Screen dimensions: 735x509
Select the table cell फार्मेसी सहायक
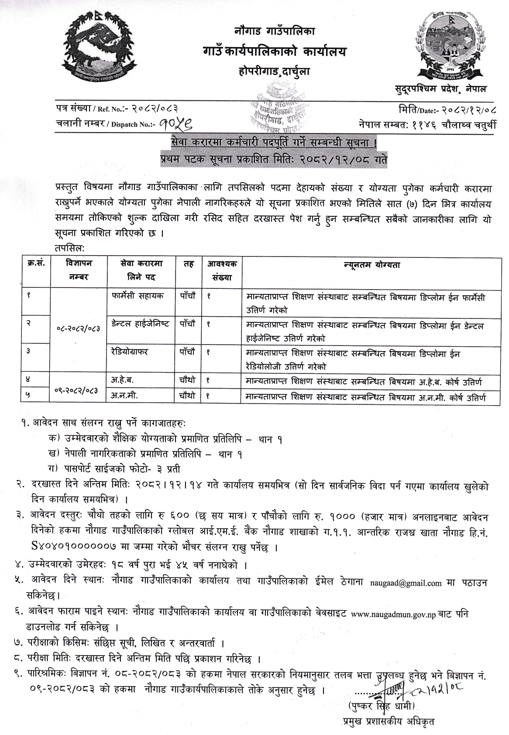(137, 296)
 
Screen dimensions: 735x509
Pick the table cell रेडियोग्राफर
(129, 352)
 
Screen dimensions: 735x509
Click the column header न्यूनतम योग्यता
(366, 264)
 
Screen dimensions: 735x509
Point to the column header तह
(188, 264)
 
